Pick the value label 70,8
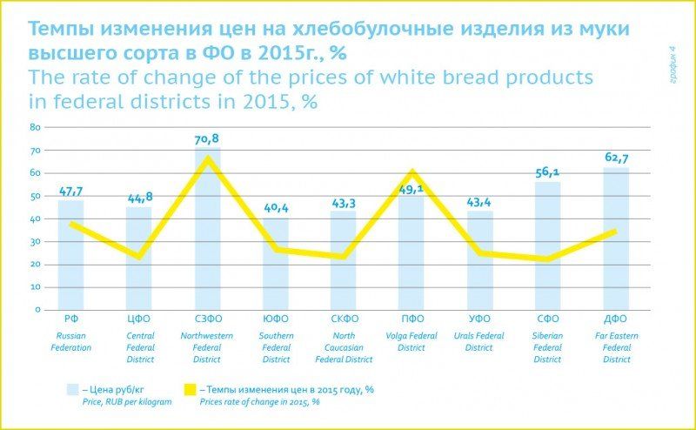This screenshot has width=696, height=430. tap(207, 138)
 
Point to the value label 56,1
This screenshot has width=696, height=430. tap(548, 172)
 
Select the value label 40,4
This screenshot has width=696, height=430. tap(276, 208)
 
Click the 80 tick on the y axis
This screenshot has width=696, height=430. tap(36, 127)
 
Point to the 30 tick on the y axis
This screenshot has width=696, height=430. tap(36, 241)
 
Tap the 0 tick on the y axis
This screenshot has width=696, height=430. tap(38, 310)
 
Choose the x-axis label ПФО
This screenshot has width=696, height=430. tap(412, 319)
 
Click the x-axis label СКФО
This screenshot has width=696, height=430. tap(344, 319)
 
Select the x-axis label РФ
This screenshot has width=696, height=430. tap(71, 319)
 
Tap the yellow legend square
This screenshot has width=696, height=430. tap(187, 390)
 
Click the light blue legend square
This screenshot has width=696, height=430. tap(75, 390)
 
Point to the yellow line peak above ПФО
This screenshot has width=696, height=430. tap(412, 172)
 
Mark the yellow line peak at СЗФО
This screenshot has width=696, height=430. tap(207, 158)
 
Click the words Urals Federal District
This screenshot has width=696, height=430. tap(479, 341)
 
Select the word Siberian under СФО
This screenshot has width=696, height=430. tap(548, 335)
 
